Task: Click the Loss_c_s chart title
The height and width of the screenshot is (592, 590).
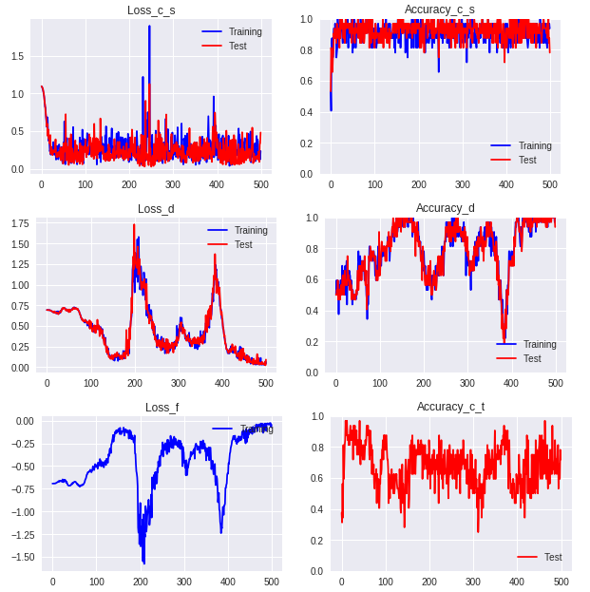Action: click(151, 10)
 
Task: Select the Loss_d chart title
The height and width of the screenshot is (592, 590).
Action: click(156, 209)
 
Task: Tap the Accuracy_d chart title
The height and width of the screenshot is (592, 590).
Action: click(445, 208)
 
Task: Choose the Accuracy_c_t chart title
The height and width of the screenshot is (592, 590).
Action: click(450, 407)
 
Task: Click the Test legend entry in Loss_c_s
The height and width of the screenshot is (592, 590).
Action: click(238, 46)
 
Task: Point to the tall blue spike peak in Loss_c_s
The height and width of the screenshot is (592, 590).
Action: click(149, 27)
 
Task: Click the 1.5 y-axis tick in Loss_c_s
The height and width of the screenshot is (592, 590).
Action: click(16, 56)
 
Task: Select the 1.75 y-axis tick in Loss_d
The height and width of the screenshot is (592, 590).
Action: click(18, 224)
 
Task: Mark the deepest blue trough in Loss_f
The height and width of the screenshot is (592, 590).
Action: click(143, 563)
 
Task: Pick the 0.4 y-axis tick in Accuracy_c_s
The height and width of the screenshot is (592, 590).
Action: click(307, 112)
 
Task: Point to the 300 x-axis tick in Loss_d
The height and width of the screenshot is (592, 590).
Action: click(178, 383)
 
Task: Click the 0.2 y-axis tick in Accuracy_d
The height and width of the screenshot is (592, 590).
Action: click(312, 341)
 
